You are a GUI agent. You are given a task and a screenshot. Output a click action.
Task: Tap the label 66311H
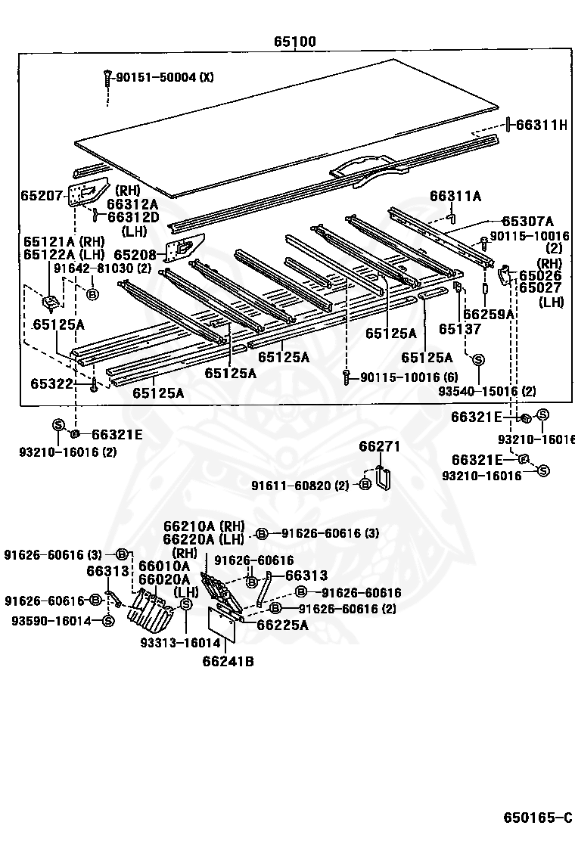(542, 125)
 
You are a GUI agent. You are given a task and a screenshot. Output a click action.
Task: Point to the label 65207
(42, 195)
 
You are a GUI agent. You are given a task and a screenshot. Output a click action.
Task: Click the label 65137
(460, 329)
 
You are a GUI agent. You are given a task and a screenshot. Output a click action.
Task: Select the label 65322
(51, 383)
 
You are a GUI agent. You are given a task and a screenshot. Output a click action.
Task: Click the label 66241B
(228, 662)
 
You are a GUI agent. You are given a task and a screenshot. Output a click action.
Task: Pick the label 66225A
(282, 625)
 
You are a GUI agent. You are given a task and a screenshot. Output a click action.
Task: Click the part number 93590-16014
(51, 620)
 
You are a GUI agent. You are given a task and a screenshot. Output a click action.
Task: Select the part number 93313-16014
(180, 643)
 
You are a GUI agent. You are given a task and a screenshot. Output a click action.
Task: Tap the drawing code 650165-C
(538, 818)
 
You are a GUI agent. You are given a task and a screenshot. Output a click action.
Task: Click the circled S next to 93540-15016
(479, 359)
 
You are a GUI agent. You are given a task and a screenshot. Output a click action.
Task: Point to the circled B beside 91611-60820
(364, 484)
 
